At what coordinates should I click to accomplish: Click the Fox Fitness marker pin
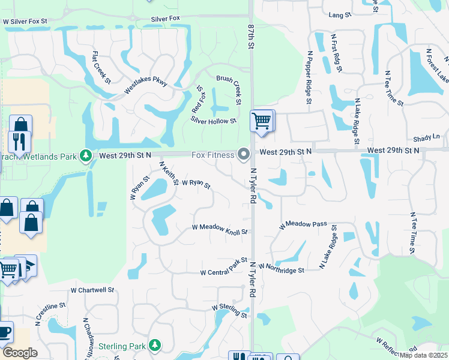[x=244, y=155]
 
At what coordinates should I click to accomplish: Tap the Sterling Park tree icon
[x=155, y=346]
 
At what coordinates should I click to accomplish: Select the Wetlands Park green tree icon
[x=86, y=156]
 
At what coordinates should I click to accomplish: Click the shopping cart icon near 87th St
[x=261, y=121]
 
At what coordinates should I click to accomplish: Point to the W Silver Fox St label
[x=34, y=20]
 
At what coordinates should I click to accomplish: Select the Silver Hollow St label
[x=214, y=121]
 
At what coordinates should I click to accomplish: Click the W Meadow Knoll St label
[x=220, y=229]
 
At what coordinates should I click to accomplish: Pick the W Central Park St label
[x=223, y=268]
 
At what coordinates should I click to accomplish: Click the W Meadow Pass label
[x=303, y=225]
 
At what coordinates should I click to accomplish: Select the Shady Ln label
[x=427, y=137]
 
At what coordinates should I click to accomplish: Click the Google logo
[x=20, y=353]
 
